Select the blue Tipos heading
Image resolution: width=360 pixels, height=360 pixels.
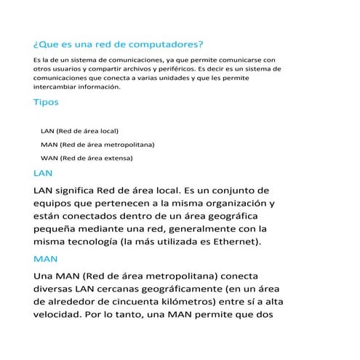coord(47,103)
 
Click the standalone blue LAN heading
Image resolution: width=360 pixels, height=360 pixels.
coord(44,174)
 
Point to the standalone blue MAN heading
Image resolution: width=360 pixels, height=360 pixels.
coord(45,258)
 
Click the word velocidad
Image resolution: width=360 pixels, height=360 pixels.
coord(63,316)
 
